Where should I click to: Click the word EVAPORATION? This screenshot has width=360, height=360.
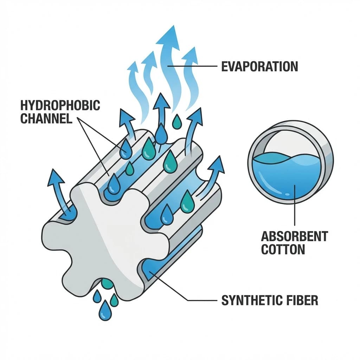259,66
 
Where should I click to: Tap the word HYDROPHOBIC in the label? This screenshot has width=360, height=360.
60,105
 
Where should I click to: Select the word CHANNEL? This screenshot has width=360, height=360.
46,118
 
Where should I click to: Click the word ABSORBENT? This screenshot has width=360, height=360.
294,236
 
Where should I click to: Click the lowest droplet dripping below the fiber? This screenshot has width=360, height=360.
104,311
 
